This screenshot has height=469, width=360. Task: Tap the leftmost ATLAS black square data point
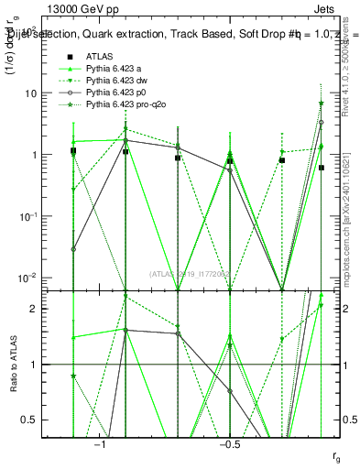73,151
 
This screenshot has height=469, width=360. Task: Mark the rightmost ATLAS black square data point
322,168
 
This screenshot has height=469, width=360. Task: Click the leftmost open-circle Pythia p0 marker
73,248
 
